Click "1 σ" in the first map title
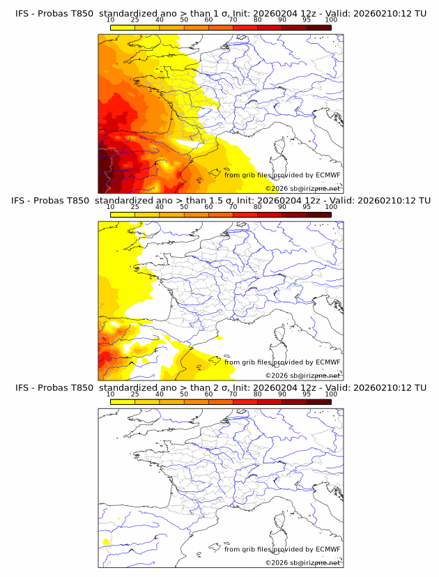tap(226, 14)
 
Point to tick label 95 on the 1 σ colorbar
tap(307, 20)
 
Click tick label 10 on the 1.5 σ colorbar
tap(111, 206)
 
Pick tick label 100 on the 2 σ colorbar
tap(331, 394)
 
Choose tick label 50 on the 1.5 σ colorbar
tap(184, 206)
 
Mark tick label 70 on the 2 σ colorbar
tap(233, 394)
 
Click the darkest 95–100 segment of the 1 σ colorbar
tap(318, 27)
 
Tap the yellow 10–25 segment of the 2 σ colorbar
tap(123, 401)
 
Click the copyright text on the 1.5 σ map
tap(302, 376)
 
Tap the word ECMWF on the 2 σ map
tap(328, 550)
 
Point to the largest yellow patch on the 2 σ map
tap(107, 541)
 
